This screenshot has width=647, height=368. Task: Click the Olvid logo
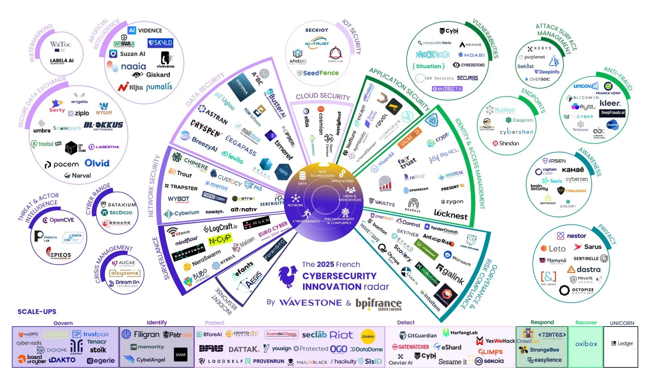[x=97, y=163]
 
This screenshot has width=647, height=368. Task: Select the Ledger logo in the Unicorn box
[x=622, y=343]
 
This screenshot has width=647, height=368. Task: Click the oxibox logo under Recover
[x=586, y=344]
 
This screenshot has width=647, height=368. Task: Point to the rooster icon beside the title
[x=288, y=277]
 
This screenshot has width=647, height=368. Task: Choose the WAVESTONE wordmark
[x=311, y=303]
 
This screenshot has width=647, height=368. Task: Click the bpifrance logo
[x=378, y=304]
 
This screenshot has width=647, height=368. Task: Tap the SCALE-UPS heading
[x=37, y=312]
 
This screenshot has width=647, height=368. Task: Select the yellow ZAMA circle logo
[x=368, y=336]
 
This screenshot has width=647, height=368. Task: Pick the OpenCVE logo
[x=58, y=220]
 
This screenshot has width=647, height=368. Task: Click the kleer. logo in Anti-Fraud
[x=610, y=103]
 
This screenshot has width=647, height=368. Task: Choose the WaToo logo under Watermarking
[x=61, y=44]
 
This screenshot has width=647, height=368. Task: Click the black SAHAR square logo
[x=181, y=355]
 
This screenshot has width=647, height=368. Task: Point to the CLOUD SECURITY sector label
[x=322, y=96]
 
